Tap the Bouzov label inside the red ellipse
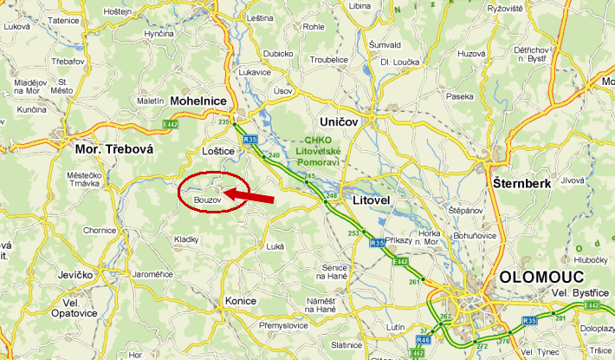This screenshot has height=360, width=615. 208,200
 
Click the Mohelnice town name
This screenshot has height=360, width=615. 199,101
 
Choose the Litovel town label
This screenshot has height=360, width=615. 375,200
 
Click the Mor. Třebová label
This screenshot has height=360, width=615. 108,149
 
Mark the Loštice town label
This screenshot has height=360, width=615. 218,150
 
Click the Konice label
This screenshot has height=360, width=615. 240,300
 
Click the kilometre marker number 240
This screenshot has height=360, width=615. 274,155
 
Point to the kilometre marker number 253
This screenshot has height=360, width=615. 353,233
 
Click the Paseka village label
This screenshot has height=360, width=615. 460,96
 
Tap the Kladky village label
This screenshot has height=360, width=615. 186,239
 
